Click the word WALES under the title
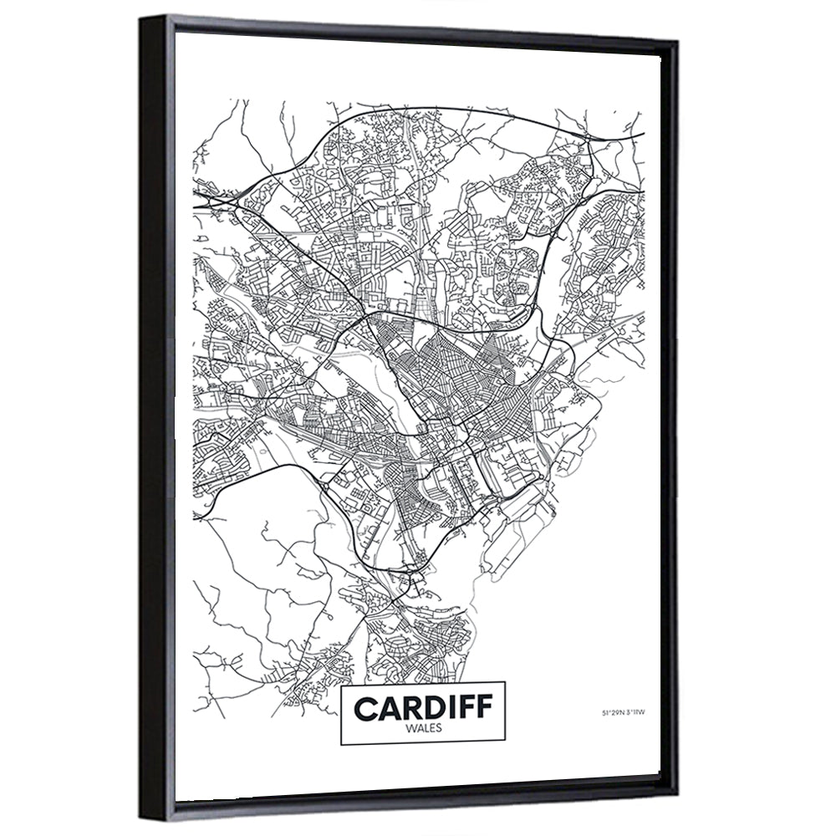pos(424,728)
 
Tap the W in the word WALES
pos(410,728)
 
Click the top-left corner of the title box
pos(342,687)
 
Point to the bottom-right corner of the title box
pos(507,742)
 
